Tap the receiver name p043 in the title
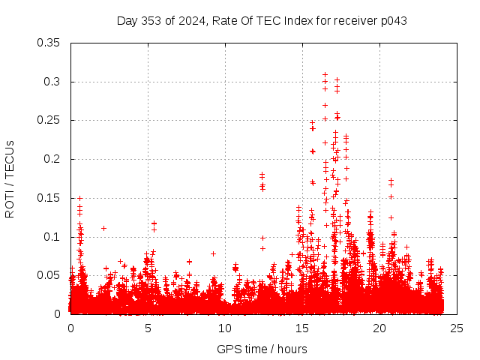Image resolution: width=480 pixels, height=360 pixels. [391, 20]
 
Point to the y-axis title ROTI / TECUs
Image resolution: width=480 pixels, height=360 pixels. [10, 178]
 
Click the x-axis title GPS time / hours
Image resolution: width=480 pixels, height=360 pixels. [262, 349]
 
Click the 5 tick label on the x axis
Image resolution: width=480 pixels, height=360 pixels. [148, 328]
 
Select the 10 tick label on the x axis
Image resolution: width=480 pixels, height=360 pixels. [225, 328]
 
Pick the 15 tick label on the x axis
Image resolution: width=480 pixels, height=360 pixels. [302, 328]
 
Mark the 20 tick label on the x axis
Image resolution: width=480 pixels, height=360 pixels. [379, 328]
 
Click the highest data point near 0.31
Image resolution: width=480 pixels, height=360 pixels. [325, 74]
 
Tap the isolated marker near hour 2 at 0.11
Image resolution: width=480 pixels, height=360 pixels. [103, 228]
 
